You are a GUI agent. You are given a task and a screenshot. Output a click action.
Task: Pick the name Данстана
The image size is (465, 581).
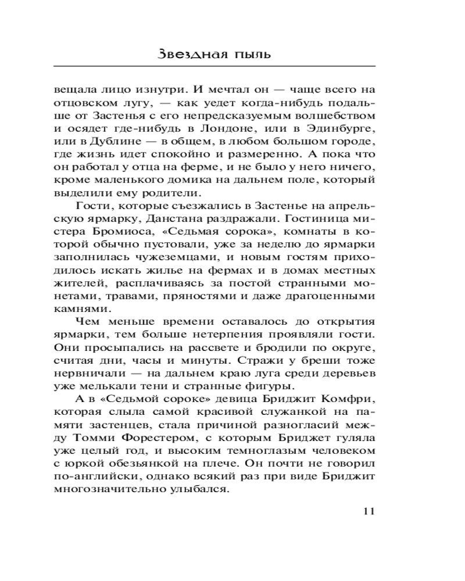point(220,222)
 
